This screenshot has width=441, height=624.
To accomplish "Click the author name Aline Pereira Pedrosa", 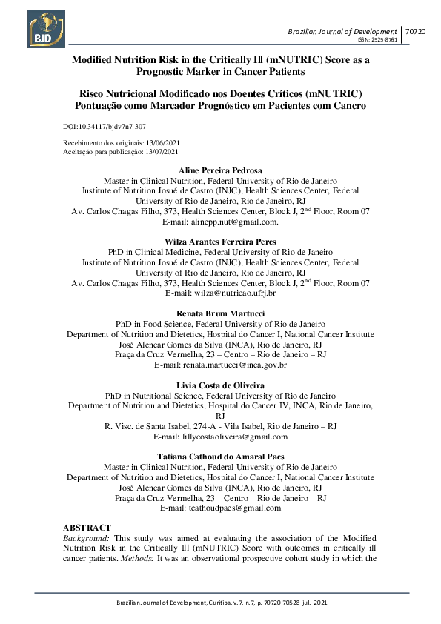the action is [x=221, y=170].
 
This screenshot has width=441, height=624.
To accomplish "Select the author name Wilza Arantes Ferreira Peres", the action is [x=221, y=242].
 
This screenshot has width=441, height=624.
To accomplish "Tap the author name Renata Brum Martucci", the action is [x=221, y=313].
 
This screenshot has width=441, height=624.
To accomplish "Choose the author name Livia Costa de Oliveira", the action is [x=221, y=385].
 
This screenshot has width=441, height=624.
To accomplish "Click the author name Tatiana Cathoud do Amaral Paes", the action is [x=221, y=457].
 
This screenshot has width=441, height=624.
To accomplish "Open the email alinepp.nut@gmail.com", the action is [x=239, y=222].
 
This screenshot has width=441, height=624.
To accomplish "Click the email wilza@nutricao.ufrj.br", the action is [x=239, y=293].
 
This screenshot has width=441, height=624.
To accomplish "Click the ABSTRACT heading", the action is [x=87, y=527].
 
